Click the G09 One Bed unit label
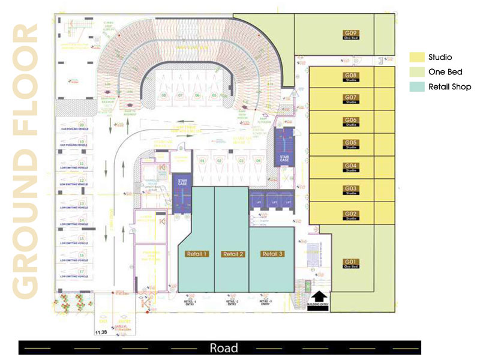coord(351,34)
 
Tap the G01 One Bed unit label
coord(351,263)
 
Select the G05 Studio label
coord(351,144)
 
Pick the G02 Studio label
coord(351,215)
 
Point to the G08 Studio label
coord(351,77)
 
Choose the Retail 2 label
coord(233,254)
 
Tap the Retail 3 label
coord(272,254)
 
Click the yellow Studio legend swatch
coord(416,57)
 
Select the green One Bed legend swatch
coord(416,72)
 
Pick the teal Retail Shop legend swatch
coord(416,87)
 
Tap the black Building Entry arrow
coord(320,296)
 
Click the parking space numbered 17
coord(82,271)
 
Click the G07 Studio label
coord(351,98)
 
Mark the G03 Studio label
coord(351,190)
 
